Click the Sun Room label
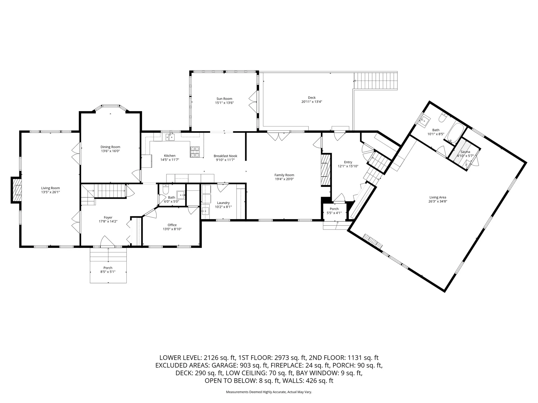pos(224,99)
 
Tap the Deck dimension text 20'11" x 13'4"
pos(312,102)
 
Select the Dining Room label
pos(110,147)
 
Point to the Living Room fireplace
pos(16,190)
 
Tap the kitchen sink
pos(170,137)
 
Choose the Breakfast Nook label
pos(225,156)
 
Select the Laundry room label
pos(223,203)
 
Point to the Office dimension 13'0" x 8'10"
pos(172,229)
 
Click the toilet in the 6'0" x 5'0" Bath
pos(165,191)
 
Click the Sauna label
pos(465,152)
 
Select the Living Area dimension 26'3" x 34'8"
pos(438,201)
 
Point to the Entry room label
pos(348,162)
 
